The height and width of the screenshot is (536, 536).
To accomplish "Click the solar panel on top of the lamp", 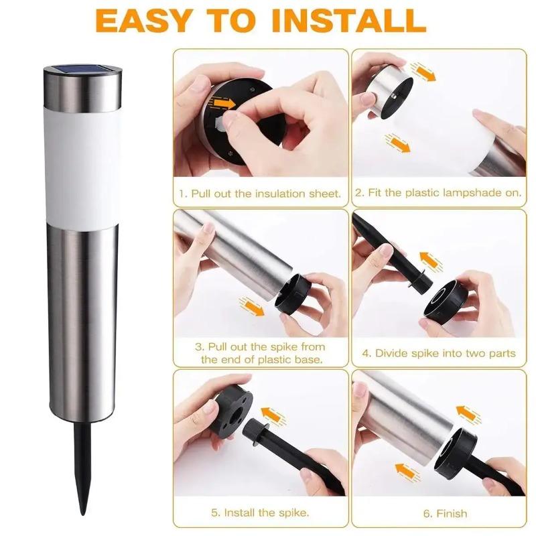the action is click(x=82, y=69).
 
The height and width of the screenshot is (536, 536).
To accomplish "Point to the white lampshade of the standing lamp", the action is click(x=82, y=167).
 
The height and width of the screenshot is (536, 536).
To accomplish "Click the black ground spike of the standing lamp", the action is click(x=83, y=468).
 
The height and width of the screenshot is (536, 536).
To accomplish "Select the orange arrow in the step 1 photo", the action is click(x=222, y=103).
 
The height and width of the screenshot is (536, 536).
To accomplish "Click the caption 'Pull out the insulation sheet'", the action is click(x=265, y=194).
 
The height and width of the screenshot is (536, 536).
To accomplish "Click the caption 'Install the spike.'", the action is click(x=260, y=513).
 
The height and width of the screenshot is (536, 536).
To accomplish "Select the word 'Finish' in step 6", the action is click(x=451, y=513).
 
